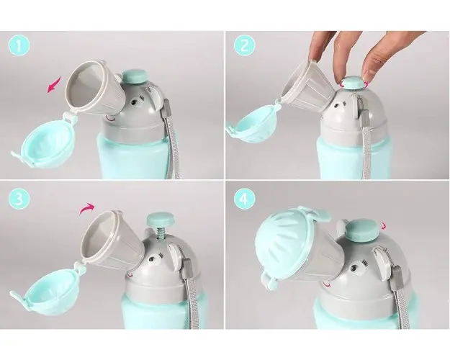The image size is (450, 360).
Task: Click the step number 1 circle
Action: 19,45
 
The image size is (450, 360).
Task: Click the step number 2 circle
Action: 244,45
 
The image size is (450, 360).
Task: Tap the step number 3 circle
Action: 19,199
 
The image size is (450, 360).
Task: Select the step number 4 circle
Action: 244,199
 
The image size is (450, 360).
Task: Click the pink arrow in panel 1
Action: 54,84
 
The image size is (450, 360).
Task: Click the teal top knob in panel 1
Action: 135,76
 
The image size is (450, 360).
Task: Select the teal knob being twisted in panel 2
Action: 353,83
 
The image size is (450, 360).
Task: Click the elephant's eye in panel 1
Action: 134,103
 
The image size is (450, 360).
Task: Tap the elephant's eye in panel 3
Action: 152,261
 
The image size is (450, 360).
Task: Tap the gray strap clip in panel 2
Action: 364,118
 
